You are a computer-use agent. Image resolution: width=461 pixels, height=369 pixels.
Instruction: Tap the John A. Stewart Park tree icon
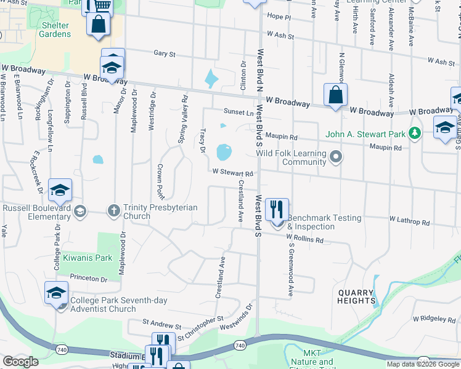tap(415, 133)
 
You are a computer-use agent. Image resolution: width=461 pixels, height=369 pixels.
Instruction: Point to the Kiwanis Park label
tap(86, 258)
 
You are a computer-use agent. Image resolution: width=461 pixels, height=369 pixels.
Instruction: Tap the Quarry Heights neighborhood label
tap(356, 296)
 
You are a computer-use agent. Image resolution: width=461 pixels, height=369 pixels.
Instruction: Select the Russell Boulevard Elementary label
tap(37, 212)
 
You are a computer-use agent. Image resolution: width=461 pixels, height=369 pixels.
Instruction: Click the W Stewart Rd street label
tap(234, 173)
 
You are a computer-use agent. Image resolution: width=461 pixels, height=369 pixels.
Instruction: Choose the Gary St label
tap(165, 54)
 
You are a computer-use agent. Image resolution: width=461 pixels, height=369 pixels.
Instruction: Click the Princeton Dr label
tap(88, 279)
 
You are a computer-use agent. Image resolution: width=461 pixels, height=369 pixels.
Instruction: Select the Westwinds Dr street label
tap(234, 312)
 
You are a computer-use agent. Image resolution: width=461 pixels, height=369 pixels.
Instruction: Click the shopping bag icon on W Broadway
tap(335, 96)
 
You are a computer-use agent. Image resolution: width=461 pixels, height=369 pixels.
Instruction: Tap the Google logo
tap(21, 362)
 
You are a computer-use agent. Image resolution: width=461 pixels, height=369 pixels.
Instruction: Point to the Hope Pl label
tap(278, 18)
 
